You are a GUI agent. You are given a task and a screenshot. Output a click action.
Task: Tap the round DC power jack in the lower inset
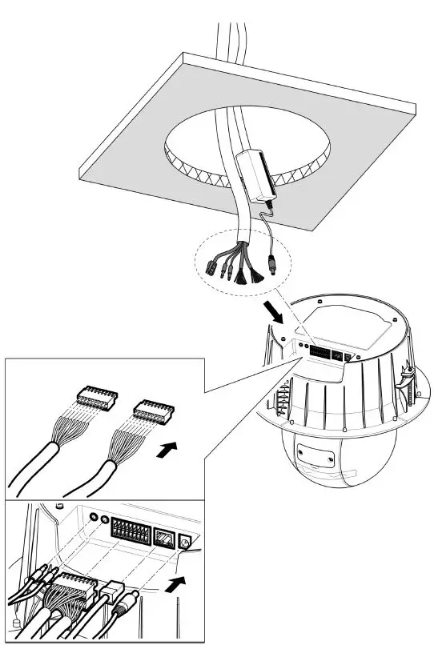point(187,544)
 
